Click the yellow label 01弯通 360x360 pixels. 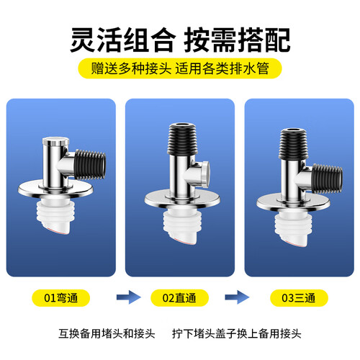[61, 298]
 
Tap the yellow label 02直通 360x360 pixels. [179, 298]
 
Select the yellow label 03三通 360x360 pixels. [299, 298]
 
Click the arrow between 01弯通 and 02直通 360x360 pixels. [128, 297]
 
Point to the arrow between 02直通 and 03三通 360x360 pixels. [237, 297]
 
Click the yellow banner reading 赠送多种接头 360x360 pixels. [180, 68]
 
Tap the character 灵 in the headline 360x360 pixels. [83, 40]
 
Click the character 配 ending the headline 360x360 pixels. [277, 40]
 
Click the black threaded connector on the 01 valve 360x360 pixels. [90, 165]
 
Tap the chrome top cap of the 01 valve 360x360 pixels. [55, 141]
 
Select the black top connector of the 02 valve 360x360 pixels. [182, 139]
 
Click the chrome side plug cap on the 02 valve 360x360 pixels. [204, 174]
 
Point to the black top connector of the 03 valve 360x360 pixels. [293, 144]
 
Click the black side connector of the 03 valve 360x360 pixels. [327, 179]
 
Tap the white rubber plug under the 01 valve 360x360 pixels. [55, 215]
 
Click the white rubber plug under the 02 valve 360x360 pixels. [182, 226]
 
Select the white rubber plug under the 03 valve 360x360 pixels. [293, 230]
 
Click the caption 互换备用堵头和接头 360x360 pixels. [107, 333]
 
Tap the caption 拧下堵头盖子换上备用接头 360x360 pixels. [236, 333]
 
